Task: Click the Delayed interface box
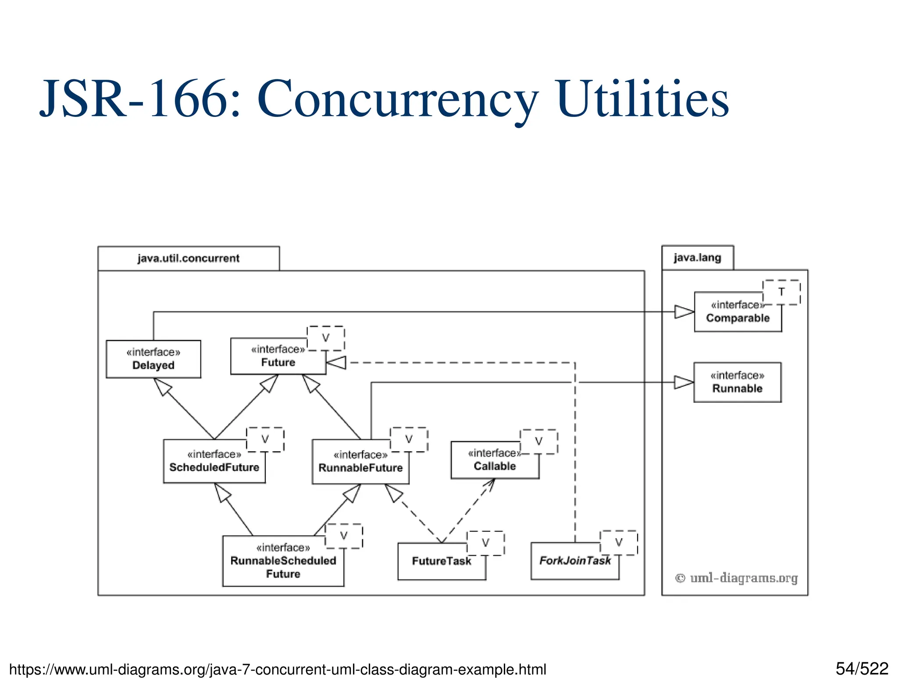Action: (153, 359)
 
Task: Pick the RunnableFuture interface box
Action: (360, 462)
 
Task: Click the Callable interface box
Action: (494, 461)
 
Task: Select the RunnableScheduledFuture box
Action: (283, 561)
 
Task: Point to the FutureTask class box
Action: (441, 562)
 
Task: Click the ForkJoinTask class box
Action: (574, 562)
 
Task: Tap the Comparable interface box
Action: (737, 312)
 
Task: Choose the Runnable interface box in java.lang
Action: (737, 382)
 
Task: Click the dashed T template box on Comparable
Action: (781, 292)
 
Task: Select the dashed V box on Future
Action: (325, 338)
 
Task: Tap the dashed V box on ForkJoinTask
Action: (619, 542)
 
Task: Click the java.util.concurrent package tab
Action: (189, 258)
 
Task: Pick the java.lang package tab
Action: (697, 258)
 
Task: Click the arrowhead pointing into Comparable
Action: (684, 312)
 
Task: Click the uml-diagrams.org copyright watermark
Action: (736, 578)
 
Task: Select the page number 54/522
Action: (862, 669)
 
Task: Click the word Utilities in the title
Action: (642, 99)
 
